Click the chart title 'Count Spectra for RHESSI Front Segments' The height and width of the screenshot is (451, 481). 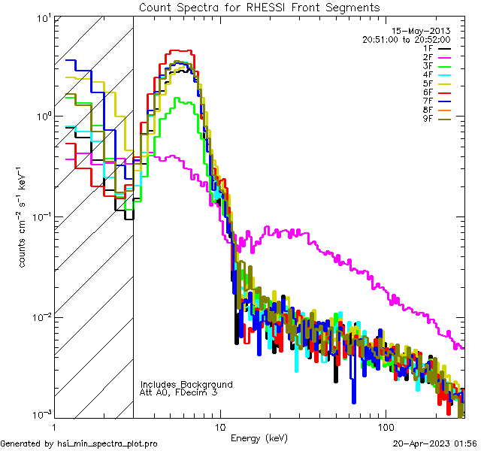259,7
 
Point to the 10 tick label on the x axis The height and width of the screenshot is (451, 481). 219,426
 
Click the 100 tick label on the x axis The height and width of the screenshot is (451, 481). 385,426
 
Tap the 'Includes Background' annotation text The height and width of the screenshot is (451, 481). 186,384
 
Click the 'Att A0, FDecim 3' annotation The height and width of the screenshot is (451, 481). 179,392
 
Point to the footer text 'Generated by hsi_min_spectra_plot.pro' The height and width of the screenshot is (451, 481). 79,443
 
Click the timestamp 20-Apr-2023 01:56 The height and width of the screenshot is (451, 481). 436,443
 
